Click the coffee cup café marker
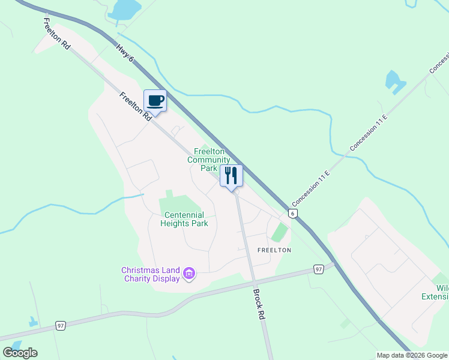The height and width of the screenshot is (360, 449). point(155,101)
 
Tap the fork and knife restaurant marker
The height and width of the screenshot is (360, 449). point(231,176)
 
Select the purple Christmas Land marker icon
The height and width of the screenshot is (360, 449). point(190,274)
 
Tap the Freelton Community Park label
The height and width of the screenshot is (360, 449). point(208,160)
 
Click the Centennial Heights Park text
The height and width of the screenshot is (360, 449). point(184,219)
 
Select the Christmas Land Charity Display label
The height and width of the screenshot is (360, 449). point(151,274)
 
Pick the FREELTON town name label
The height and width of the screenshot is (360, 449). point(274,250)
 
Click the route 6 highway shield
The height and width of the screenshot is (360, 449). point(292,213)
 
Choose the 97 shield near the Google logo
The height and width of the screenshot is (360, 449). point(60,326)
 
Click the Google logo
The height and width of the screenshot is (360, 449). point(20,352)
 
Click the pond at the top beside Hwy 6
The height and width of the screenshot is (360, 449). point(125,9)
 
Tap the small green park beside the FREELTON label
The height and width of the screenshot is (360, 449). point(279,232)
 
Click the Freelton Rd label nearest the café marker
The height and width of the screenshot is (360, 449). point(135,107)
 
